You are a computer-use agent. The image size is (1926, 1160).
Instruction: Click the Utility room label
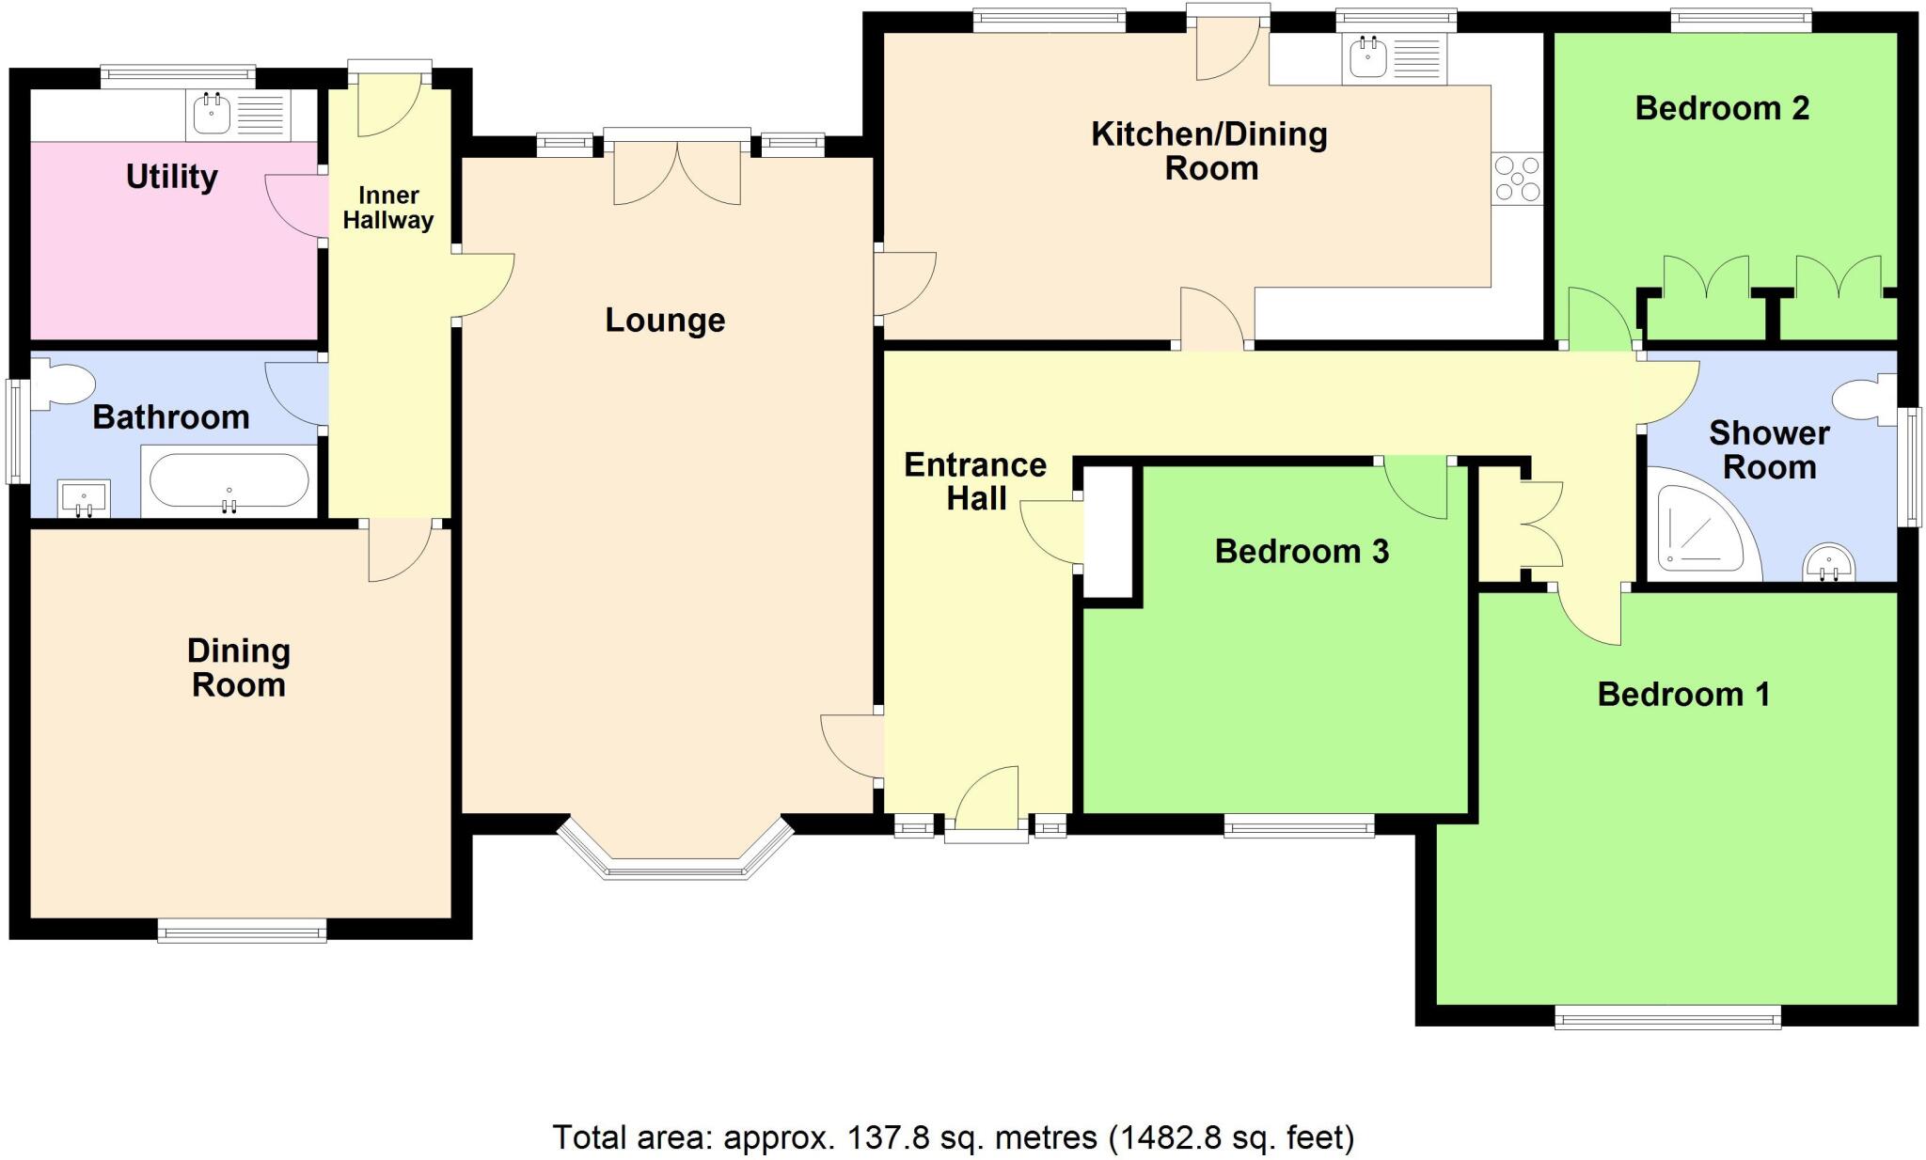[171, 177]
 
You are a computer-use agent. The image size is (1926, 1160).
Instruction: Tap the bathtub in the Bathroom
[229, 481]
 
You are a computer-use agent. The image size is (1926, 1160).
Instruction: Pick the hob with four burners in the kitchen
[1517, 179]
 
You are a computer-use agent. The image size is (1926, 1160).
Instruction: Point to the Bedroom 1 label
[1683, 695]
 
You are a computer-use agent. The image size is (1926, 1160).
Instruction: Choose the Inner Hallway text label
[387, 208]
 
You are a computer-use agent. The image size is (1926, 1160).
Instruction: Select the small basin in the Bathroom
[84, 498]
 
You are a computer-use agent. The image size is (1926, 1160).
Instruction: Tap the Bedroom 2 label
[1721, 108]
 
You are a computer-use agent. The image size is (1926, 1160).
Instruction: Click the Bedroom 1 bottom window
[1666, 1017]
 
